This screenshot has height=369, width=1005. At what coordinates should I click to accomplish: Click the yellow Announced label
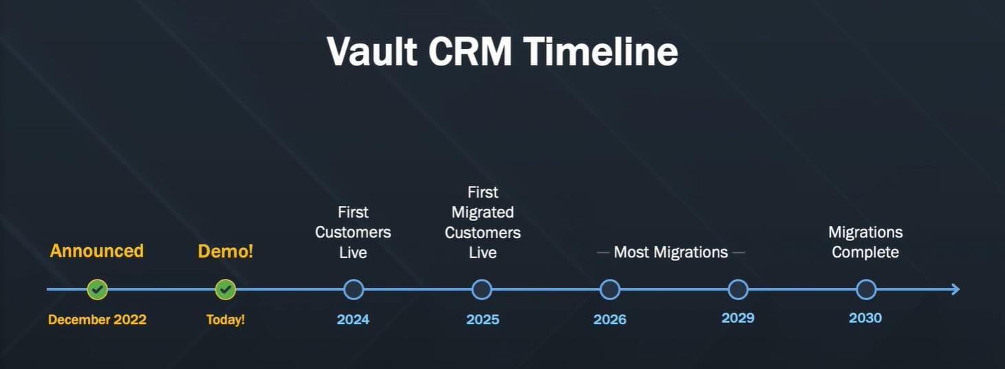[x=97, y=251]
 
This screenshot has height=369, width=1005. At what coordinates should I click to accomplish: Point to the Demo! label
[x=226, y=251]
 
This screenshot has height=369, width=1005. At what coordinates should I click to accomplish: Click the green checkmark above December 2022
[x=97, y=290]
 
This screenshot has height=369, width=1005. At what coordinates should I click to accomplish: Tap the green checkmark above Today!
[x=226, y=290]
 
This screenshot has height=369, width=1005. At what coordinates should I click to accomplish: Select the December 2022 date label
[x=97, y=319]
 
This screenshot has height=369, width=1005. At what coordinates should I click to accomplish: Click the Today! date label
[x=226, y=319]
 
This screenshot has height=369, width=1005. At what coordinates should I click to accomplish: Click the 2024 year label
[x=353, y=319]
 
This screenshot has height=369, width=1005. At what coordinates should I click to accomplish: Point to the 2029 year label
[x=738, y=318]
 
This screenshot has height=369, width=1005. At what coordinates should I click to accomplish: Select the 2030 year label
[x=865, y=318]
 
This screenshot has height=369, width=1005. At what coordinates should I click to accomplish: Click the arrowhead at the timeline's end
[x=959, y=290]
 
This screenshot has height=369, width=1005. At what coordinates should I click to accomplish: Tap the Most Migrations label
[x=670, y=252]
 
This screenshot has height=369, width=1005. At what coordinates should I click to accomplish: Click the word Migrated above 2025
[x=483, y=213]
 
